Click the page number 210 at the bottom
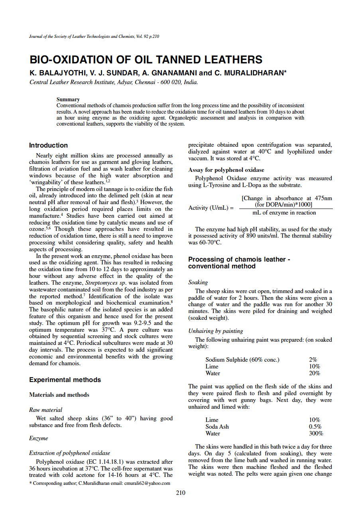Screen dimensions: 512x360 (181, 493)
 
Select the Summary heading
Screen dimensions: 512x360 (68, 99)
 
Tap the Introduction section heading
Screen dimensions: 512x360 (48, 146)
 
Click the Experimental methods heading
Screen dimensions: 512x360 (65, 380)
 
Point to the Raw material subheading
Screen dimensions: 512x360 (45, 410)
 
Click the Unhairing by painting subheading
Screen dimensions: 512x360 (215, 331)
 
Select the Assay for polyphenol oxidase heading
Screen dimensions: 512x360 (226, 170)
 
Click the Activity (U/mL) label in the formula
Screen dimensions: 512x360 (211, 208)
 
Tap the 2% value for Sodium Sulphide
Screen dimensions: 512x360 (313, 360)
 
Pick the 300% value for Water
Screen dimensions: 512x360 (316, 433)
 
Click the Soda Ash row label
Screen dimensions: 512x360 (217, 427)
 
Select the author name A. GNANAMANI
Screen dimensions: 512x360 (169, 73)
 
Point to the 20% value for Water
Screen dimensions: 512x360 (314, 373)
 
